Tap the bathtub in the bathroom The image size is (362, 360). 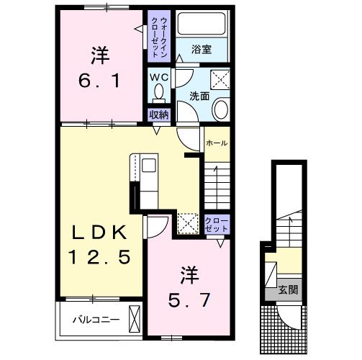click(x=202, y=28)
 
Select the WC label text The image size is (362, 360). click(x=158, y=76)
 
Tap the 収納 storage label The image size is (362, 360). click(x=159, y=114)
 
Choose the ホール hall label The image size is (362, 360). click(x=216, y=143)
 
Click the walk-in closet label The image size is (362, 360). click(x=159, y=39)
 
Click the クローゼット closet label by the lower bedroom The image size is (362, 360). click(x=216, y=223)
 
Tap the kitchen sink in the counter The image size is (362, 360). click(x=149, y=166)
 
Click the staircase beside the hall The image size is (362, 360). click(x=215, y=183)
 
